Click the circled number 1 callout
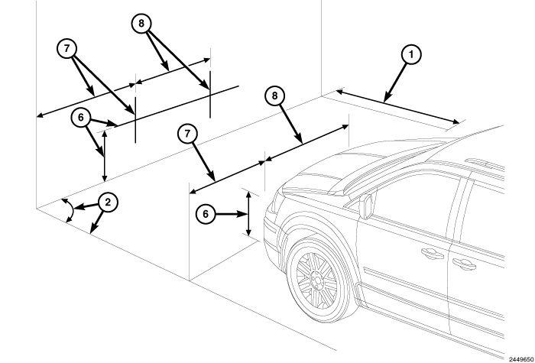411,54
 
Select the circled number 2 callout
108,203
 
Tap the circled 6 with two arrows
81,118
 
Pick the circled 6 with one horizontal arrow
206,214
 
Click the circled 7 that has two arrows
66,48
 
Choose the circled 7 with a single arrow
187,134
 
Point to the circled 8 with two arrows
141,23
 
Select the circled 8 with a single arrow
274,96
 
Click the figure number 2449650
521,359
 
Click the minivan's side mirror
367,206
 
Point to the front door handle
432,254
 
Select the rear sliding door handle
465,264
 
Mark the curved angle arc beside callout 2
70,210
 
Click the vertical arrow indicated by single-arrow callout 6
248,214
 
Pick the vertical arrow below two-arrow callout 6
105,156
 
